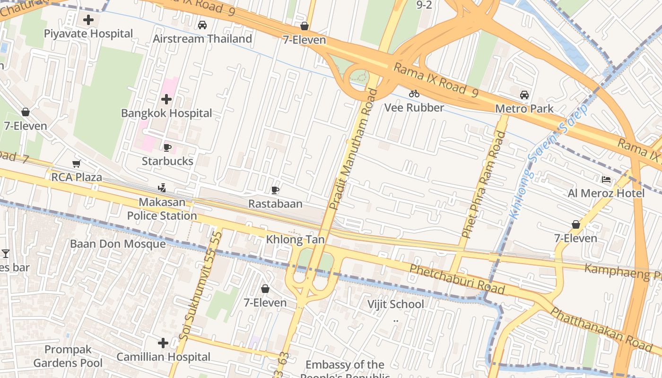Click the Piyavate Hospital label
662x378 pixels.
(88, 34)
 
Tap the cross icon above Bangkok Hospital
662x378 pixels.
(166, 99)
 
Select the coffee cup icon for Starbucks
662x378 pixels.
(167, 147)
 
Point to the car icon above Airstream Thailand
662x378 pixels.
(202, 25)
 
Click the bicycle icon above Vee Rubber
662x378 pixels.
(414, 94)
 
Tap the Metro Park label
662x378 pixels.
(524, 109)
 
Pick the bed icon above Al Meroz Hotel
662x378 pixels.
(606, 180)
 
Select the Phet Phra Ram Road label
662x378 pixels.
(483, 184)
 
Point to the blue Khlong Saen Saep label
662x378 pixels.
(549, 162)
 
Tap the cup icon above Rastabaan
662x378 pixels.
(275, 190)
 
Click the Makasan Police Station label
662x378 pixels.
(162, 209)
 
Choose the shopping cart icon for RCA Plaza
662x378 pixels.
(76, 164)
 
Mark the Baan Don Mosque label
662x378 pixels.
(118, 244)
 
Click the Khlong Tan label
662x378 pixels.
(296, 240)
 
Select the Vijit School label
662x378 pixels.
(396, 304)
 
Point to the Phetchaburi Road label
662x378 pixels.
(457, 279)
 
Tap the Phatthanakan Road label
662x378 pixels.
(601, 329)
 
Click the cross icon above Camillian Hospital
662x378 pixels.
(163, 343)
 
